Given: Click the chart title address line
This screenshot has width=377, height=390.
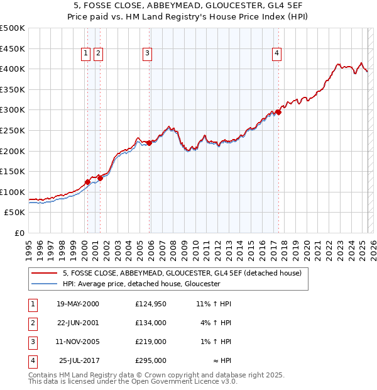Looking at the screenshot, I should click(x=188, y=6).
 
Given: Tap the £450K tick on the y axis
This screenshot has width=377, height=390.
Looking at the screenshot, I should click(x=13, y=48).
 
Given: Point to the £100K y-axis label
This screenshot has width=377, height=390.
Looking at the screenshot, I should click(x=13, y=192).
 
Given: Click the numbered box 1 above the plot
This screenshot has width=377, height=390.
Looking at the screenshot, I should click(x=85, y=54).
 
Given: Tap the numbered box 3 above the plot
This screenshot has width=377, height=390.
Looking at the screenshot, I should click(x=147, y=54).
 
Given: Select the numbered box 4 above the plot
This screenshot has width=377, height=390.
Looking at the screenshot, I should click(x=276, y=54).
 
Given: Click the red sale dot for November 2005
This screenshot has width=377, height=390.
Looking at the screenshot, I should click(x=149, y=143).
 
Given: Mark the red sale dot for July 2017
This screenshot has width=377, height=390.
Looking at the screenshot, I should click(x=278, y=112).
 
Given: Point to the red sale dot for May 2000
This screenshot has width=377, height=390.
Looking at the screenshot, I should click(x=87, y=182).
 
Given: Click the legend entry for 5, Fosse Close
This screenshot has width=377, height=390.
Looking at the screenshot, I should click(x=182, y=273).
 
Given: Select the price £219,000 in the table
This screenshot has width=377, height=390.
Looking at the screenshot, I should click(x=150, y=342).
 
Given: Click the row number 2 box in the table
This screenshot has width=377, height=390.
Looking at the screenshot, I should click(x=32, y=323).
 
